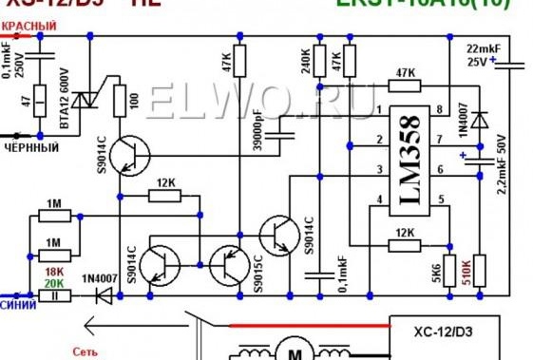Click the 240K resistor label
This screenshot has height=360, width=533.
[x=306, y=62]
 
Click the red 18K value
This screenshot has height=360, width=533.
[x=54, y=272]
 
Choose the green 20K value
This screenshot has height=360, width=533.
[x=54, y=284]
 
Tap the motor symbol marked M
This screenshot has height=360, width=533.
[x=295, y=354]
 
